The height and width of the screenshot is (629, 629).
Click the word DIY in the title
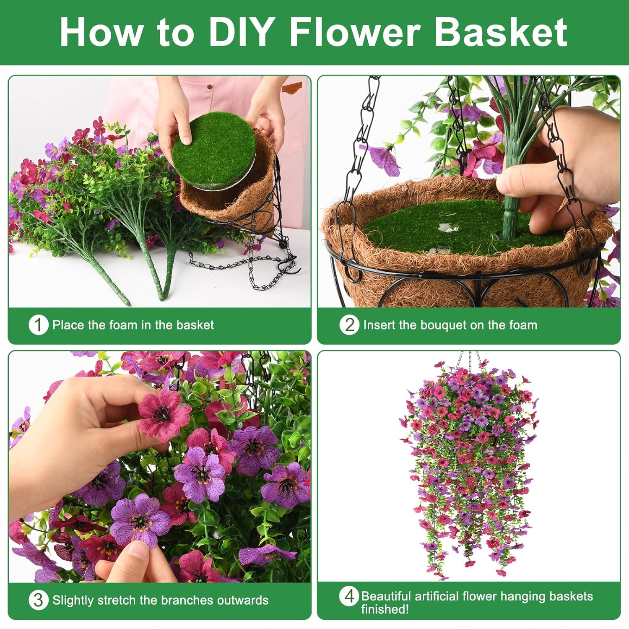pos(241,32)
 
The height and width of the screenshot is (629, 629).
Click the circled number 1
pos(38,325)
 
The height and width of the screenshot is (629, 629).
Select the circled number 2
pos(349,325)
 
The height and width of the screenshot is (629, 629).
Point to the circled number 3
pos(38,600)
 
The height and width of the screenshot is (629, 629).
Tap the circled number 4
pos(349,596)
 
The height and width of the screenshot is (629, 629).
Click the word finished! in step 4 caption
pos(385,609)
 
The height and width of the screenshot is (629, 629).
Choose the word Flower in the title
pos(355,32)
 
